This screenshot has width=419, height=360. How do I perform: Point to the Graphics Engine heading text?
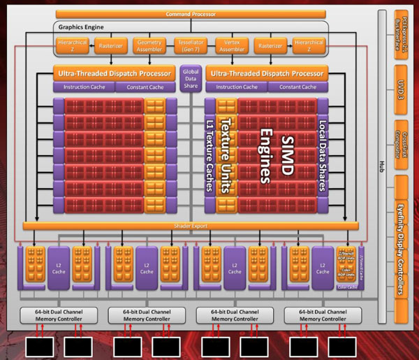(x=82, y=27)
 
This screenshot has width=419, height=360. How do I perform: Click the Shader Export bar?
(x=191, y=226)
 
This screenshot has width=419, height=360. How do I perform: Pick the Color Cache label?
(x=346, y=287)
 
